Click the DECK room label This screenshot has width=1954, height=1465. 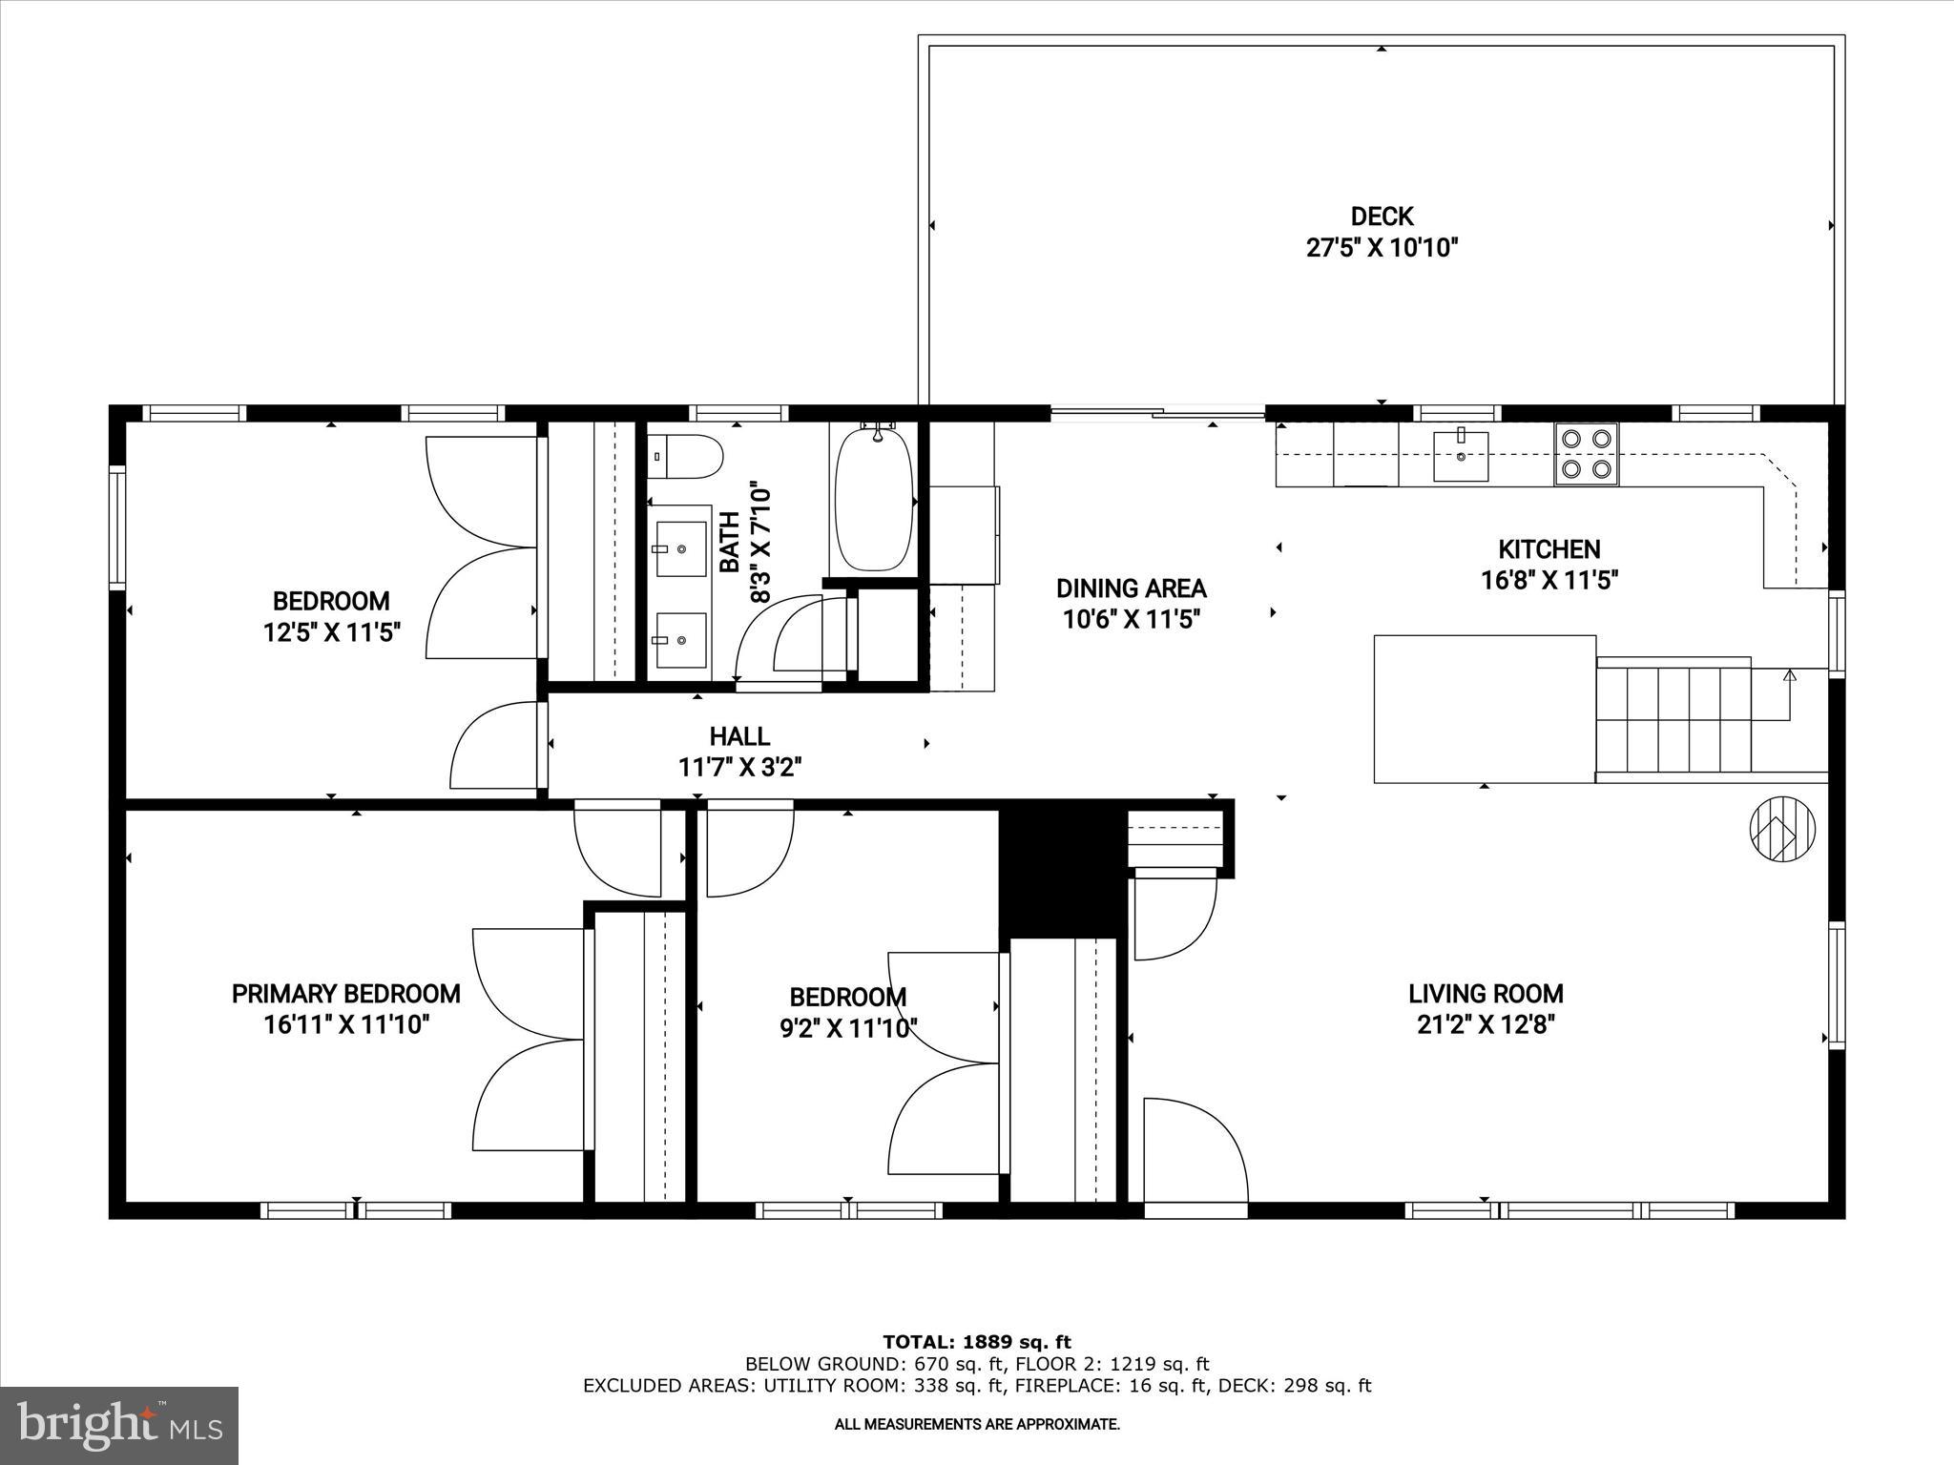pyautogui.click(x=1382, y=217)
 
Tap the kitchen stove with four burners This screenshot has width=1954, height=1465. pyautogui.click(x=1586, y=454)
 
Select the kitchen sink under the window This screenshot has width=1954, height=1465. pyautogui.click(x=1460, y=456)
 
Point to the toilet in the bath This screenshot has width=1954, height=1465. pyautogui.click(x=685, y=457)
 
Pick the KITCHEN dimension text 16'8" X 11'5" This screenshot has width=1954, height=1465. pyautogui.click(x=1549, y=580)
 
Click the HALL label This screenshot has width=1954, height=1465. pyautogui.click(x=739, y=735)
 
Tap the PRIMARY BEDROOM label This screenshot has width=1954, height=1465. pyautogui.click(x=345, y=994)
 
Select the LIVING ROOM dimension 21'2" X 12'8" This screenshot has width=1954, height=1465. pyautogui.click(x=1486, y=1024)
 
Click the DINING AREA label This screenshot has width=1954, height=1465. pyautogui.click(x=1131, y=588)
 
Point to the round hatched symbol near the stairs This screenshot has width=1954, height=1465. pyautogui.click(x=1781, y=829)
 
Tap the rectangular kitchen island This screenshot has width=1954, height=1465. pyautogui.click(x=1484, y=709)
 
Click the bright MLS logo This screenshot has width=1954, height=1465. pyautogui.click(x=119, y=1426)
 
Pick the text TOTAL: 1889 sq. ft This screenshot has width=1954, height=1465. pyautogui.click(x=977, y=1342)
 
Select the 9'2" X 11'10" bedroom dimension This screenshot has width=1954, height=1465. pyautogui.click(x=848, y=1028)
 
